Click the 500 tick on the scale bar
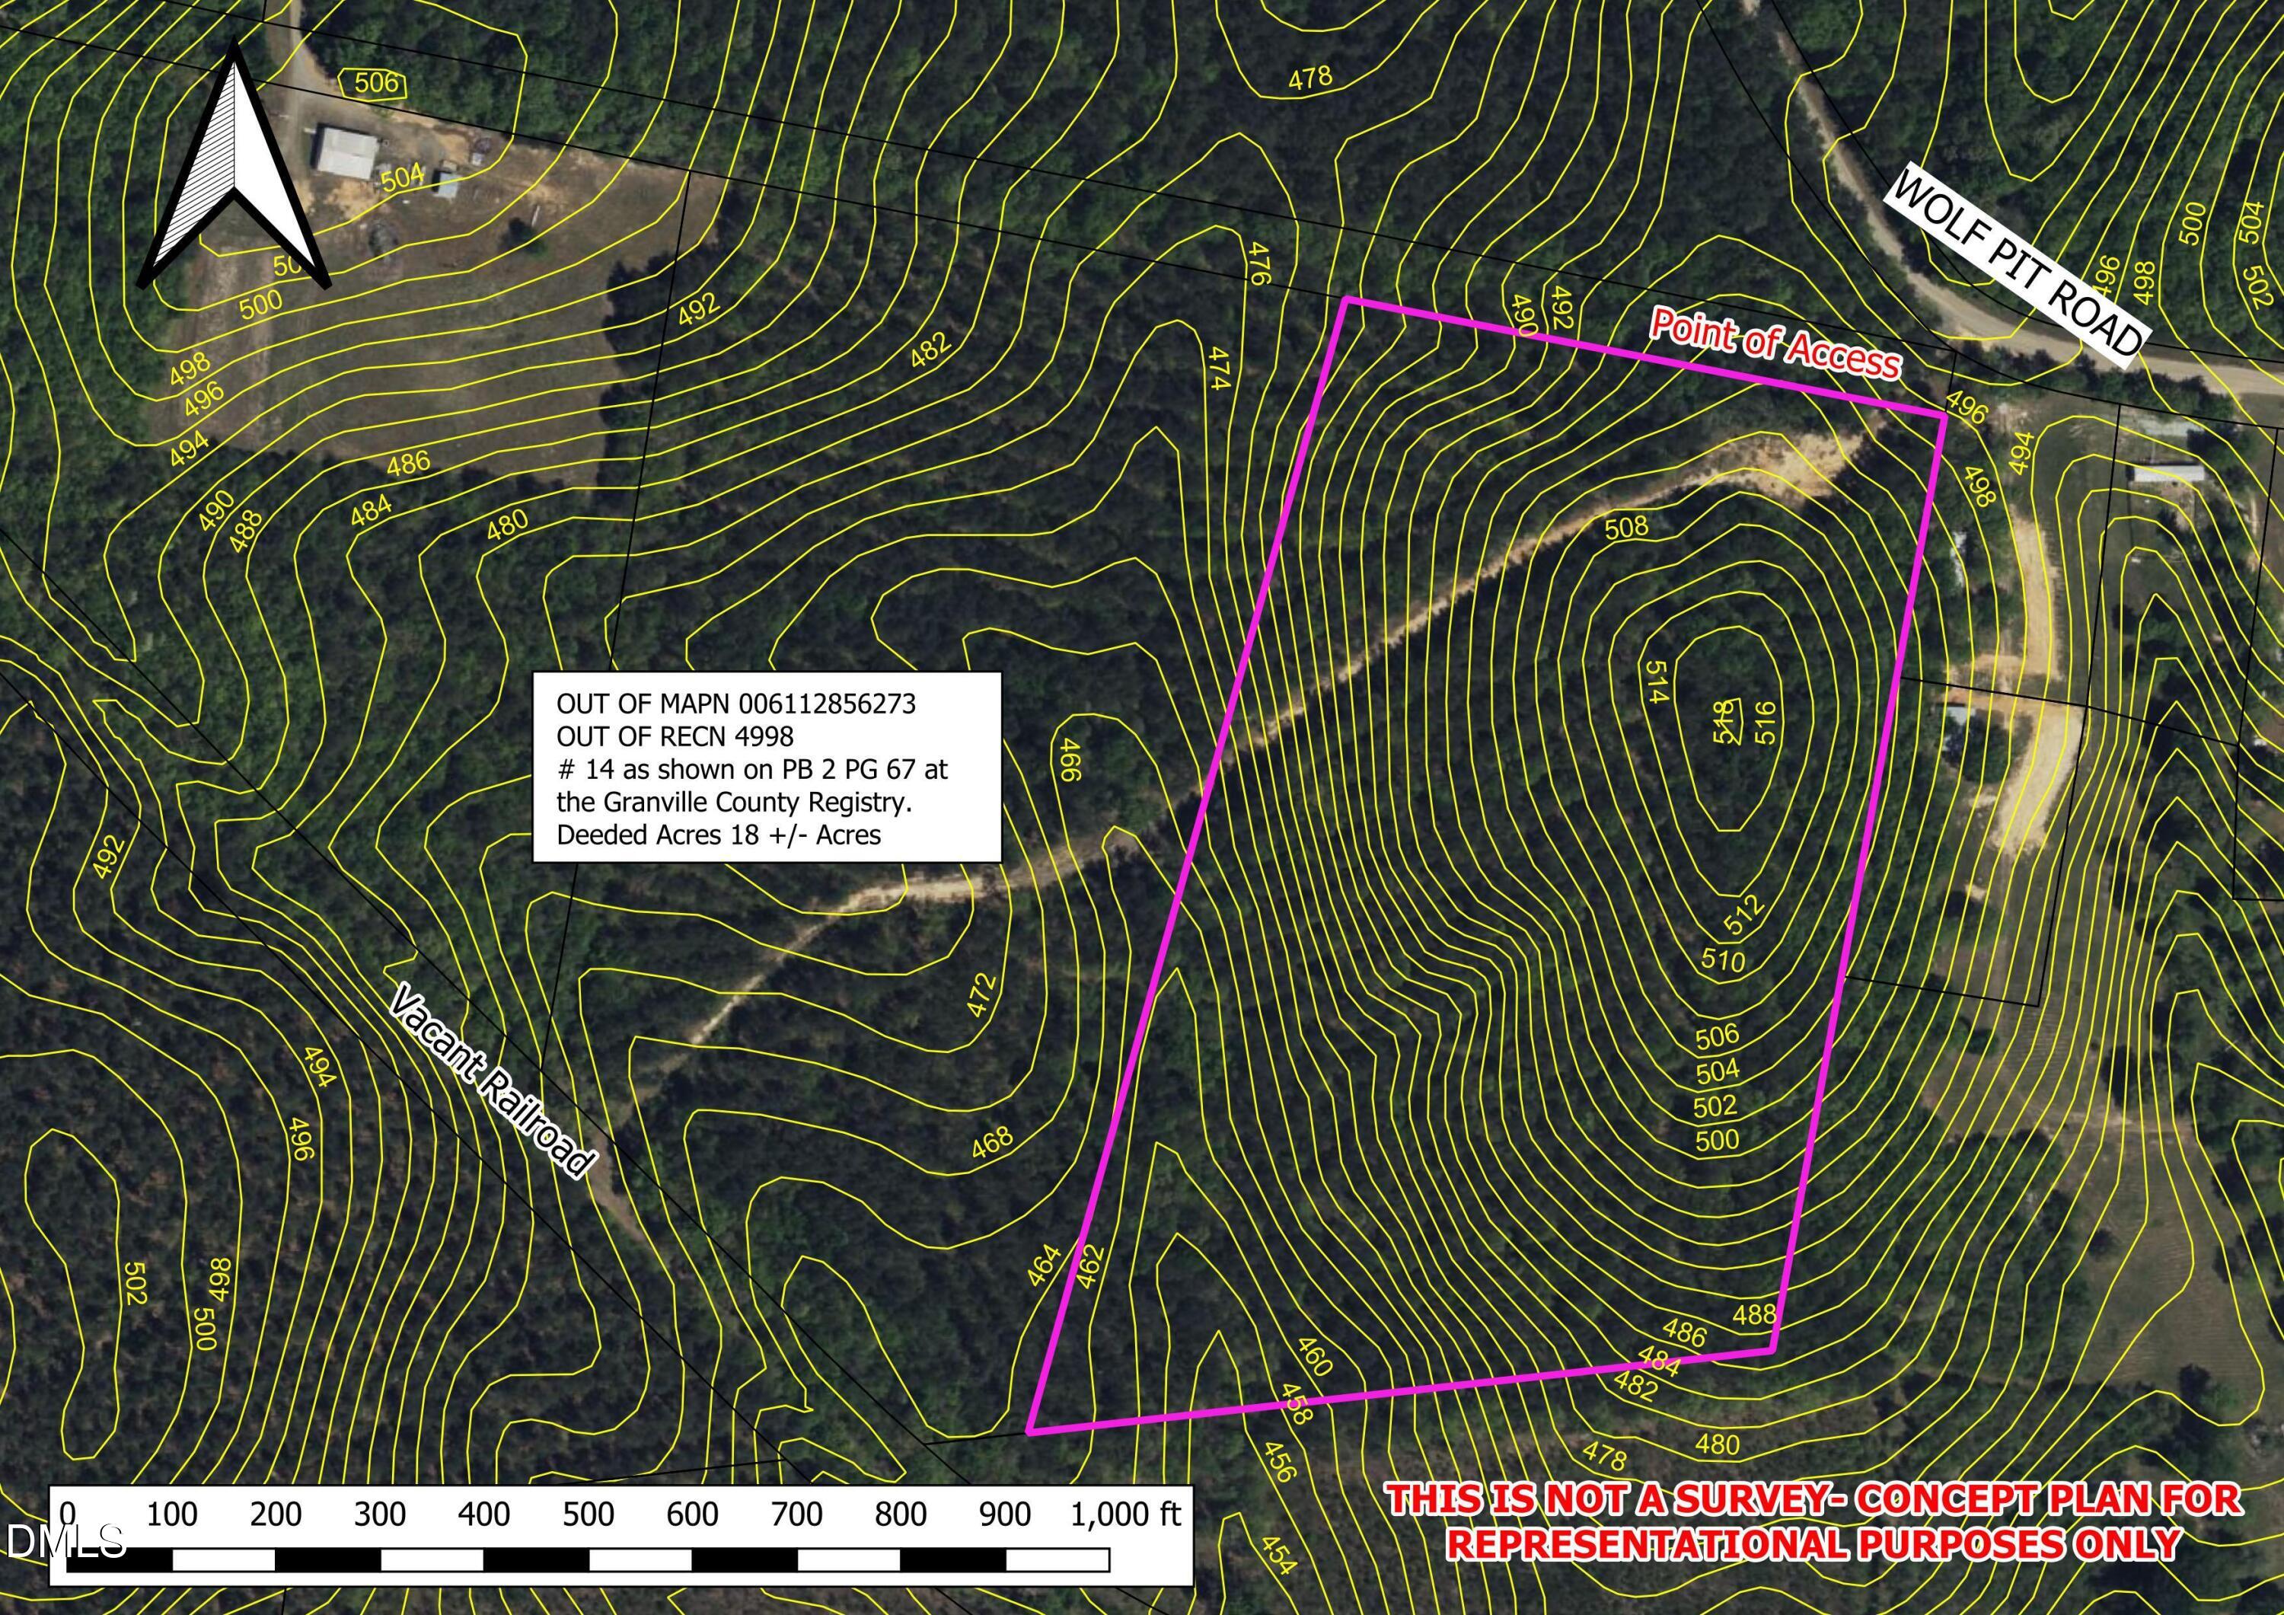(588, 1514)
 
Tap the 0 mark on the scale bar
(68, 1514)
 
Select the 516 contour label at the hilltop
(1767, 723)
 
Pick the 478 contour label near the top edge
(1309, 78)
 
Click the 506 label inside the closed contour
(376, 81)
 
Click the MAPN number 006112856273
(827, 704)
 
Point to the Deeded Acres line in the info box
(718, 834)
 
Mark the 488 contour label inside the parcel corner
(1754, 1314)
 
